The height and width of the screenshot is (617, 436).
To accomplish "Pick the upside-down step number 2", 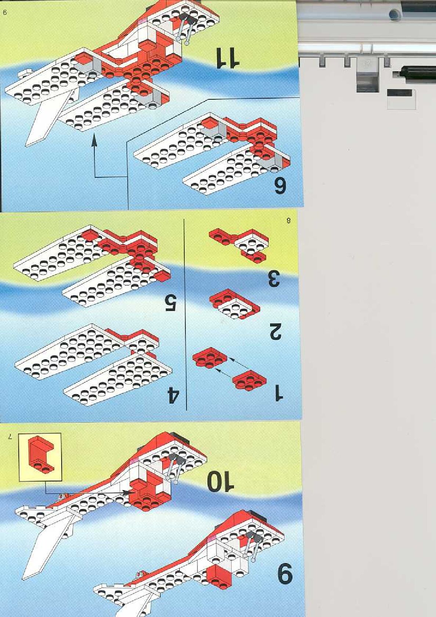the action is [x=275, y=331].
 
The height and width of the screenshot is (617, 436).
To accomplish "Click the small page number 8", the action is [x=288, y=220].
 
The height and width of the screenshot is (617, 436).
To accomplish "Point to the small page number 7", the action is [x=10, y=436].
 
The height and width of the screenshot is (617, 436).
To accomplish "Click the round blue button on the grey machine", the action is [x=395, y=14].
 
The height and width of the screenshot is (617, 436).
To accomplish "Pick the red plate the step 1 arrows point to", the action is [x=210, y=358].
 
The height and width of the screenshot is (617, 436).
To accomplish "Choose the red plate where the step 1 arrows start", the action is [x=249, y=381].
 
